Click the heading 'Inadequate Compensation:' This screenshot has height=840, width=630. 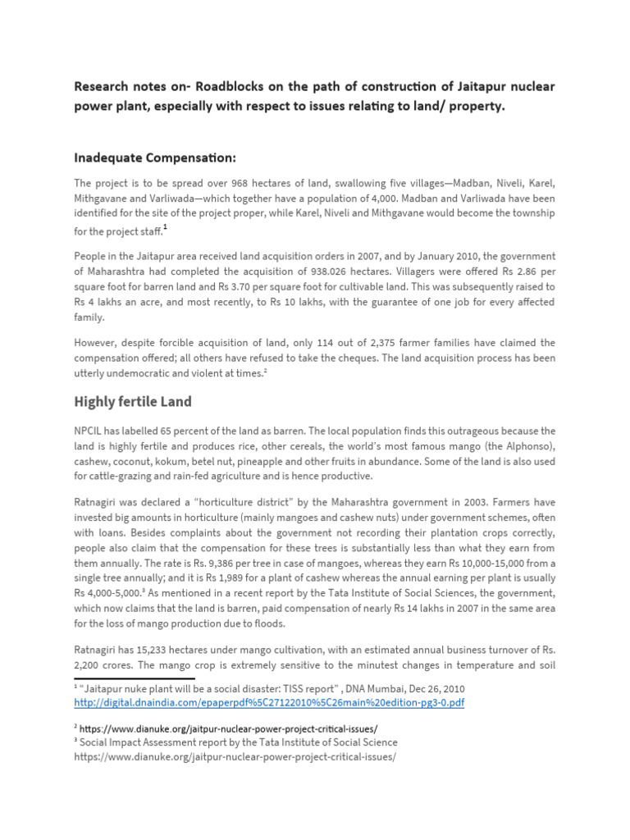(157, 157)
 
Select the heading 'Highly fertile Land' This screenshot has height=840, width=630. (133, 401)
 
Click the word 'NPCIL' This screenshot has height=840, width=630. (92, 431)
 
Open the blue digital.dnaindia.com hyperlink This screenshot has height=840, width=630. (269, 703)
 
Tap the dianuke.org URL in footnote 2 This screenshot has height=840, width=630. (230, 728)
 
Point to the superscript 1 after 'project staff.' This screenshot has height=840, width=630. (165, 227)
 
